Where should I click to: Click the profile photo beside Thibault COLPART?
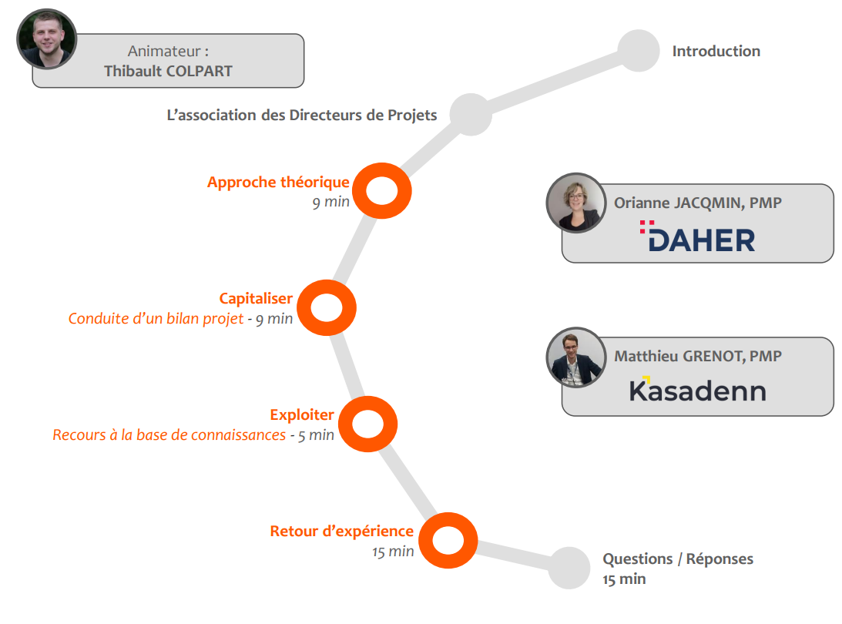[x=47, y=39]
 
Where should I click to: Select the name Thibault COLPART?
[x=168, y=71]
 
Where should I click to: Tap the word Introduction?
[x=716, y=51]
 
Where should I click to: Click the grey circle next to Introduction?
[x=639, y=51]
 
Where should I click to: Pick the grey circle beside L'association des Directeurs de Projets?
[x=471, y=114]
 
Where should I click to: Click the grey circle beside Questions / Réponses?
[x=569, y=568]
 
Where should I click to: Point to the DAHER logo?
[x=697, y=237]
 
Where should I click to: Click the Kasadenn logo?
[x=697, y=389]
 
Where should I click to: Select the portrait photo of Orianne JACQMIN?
[x=576, y=203]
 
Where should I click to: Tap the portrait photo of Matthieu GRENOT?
[x=576, y=357]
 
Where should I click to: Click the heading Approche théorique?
[x=278, y=183]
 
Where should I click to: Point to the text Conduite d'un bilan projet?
[x=156, y=318]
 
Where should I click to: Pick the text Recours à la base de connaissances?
[x=169, y=434]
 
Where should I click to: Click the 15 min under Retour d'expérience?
[x=393, y=552]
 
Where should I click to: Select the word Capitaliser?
[x=256, y=299]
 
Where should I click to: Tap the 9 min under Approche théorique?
[x=330, y=202]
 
